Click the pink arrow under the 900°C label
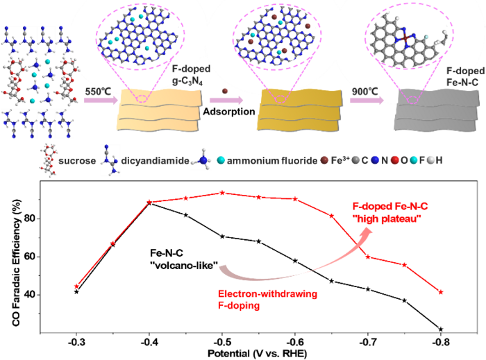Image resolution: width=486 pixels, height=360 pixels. [x=366, y=101]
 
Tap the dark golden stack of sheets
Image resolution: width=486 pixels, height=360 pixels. [x=299, y=111]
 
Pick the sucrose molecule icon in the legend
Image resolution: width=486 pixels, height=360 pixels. [x=48, y=160]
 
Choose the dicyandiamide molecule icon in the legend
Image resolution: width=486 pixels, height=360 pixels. [x=110, y=160]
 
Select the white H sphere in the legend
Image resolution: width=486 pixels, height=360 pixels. [x=431, y=160]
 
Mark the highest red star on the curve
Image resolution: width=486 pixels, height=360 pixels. [x=222, y=192]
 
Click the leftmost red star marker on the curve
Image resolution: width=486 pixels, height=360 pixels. [x=76, y=286]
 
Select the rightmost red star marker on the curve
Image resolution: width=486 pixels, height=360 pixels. [x=441, y=292]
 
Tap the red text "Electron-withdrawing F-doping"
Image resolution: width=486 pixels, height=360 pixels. [x=267, y=300]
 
